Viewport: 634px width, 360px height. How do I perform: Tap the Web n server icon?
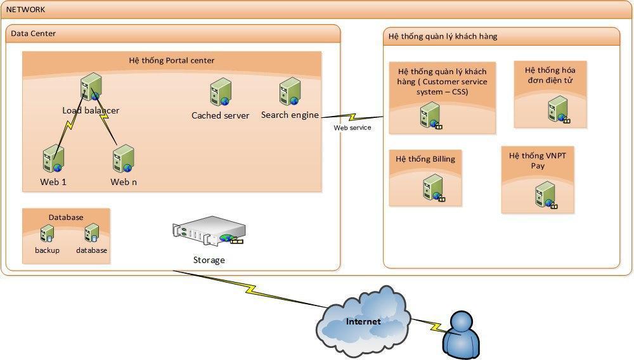(x=124, y=159)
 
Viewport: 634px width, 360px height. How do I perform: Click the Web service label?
(x=353, y=127)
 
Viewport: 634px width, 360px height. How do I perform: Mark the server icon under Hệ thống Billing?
(x=434, y=188)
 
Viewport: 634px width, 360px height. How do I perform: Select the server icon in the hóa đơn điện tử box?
(x=558, y=108)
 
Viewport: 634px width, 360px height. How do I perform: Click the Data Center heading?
(x=34, y=34)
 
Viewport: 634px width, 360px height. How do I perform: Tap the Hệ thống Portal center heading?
(x=171, y=61)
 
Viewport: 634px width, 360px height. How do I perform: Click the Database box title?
(x=66, y=217)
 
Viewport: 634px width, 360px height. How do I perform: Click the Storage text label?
(x=209, y=260)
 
